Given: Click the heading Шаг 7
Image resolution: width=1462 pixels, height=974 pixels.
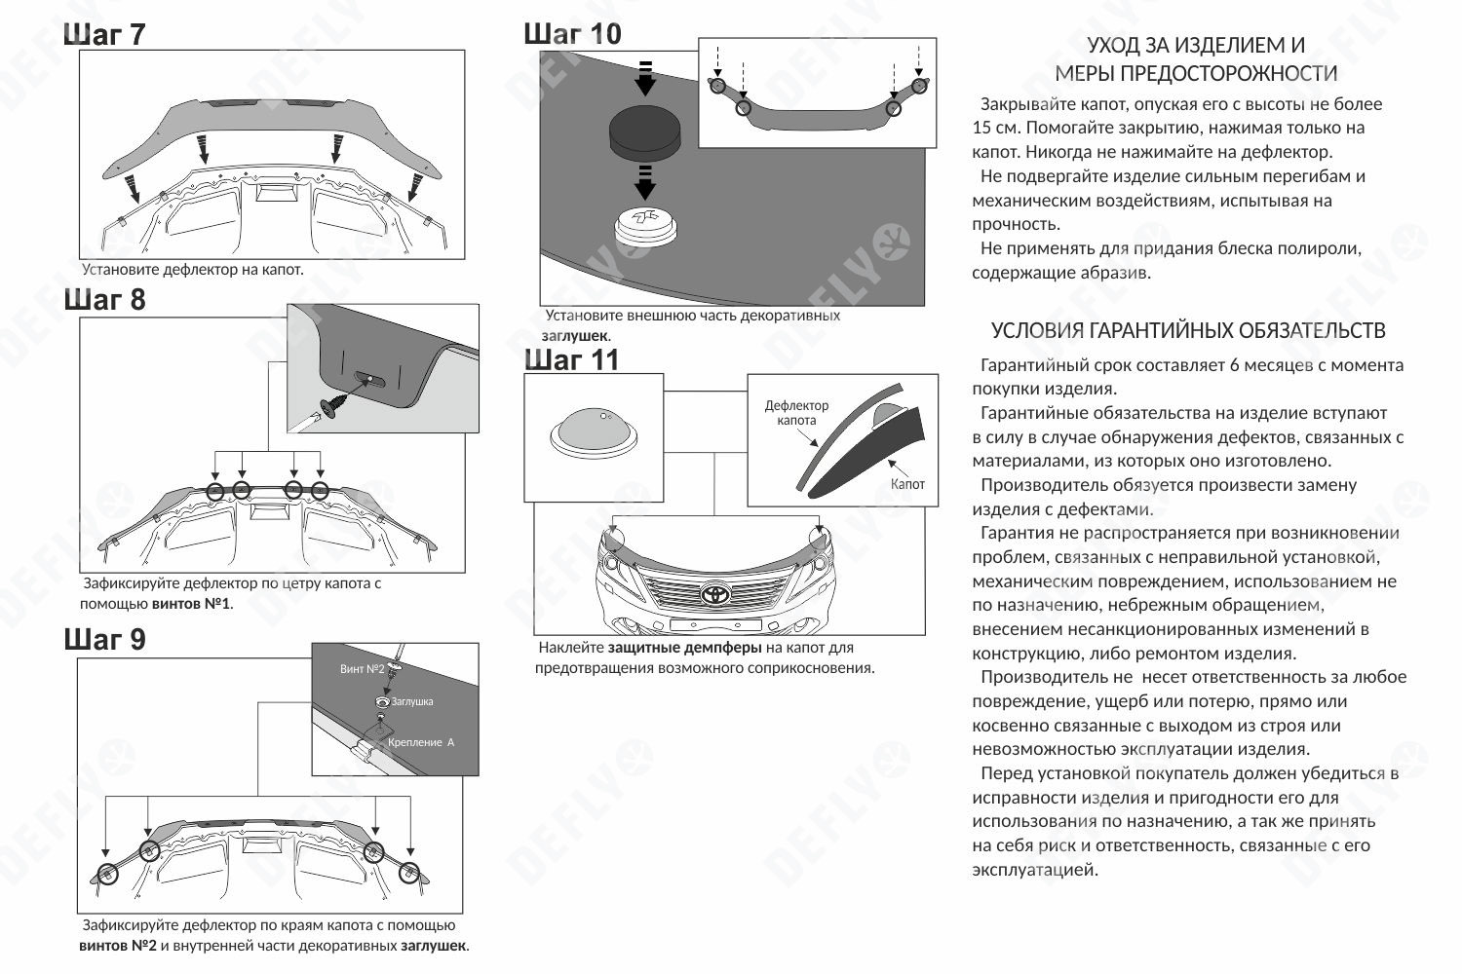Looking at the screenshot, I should [104, 34].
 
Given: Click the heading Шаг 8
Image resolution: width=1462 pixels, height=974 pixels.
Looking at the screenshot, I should [104, 299].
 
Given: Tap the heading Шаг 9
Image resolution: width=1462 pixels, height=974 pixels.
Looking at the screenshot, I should [104, 640].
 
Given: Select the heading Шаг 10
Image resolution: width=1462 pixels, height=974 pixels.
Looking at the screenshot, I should [572, 34].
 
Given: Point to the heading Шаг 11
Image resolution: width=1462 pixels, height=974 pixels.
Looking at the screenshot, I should [572, 359].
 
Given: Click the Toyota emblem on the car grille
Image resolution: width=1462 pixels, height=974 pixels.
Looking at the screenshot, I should [715, 594].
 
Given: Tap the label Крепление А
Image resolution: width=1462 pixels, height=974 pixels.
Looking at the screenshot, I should [421, 742].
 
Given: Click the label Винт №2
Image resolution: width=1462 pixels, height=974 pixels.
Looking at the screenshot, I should [362, 669].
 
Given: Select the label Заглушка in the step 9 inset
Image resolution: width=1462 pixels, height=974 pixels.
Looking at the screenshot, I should [412, 702].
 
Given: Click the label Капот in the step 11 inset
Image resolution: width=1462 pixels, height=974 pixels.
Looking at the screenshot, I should [907, 484].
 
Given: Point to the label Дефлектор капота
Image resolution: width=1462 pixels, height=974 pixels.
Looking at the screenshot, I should [796, 413].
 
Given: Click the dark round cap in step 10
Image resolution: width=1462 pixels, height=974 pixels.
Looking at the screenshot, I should [645, 131].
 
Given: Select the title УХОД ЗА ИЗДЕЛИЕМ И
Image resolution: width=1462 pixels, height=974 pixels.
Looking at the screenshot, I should [1196, 45].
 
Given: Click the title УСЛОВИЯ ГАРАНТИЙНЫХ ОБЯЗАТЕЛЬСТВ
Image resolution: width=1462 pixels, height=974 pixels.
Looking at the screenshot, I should [1188, 330].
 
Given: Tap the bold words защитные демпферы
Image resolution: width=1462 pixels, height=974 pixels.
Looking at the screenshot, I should [684, 648].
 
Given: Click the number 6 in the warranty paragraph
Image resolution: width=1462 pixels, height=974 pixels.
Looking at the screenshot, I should [1235, 365].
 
